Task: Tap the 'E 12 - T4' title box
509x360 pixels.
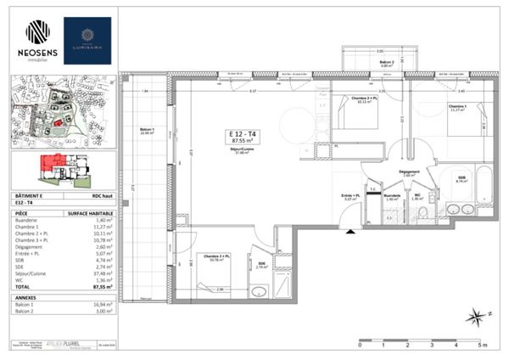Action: pos(243,137)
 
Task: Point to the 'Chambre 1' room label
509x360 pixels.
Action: pos(459,107)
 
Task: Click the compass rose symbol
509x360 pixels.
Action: pos(476,317)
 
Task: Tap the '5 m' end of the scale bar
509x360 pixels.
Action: pos(483,346)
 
